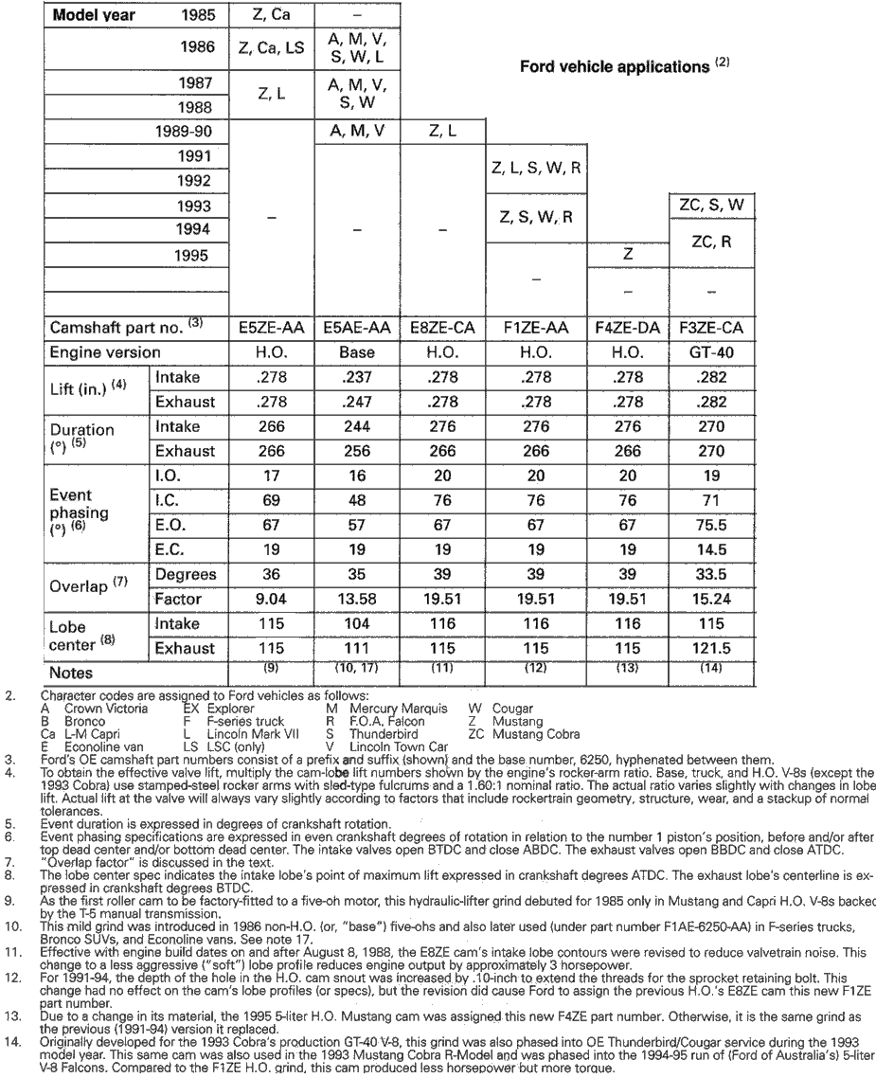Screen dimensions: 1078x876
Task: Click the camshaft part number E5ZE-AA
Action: click(x=269, y=329)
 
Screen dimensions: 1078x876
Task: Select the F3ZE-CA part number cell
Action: click(x=711, y=329)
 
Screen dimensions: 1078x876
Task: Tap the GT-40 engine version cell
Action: click(x=711, y=352)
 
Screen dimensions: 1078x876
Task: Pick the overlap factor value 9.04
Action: click(x=269, y=599)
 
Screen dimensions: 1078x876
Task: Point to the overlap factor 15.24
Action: click(x=711, y=599)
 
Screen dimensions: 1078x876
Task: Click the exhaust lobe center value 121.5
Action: click(x=711, y=649)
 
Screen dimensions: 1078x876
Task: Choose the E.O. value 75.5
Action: click(x=711, y=525)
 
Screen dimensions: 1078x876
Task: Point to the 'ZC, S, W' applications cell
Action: click(x=711, y=205)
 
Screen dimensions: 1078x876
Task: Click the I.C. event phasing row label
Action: click(x=170, y=500)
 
